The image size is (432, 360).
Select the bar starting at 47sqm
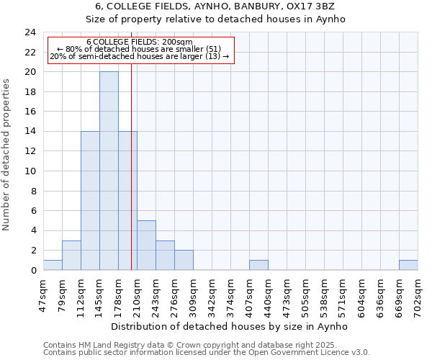tap(53, 265)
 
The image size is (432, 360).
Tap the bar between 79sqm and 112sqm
tap(71, 256)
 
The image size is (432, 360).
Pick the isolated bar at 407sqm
tap(258, 265)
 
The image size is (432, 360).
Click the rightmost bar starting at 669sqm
tap(408, 265)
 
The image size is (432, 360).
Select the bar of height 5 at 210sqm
tap(146, 246)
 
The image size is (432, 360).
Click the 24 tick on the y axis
tap(30, 32)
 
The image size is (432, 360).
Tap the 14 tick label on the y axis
tap(30, 132)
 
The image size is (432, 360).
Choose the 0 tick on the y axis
tap(33, 271)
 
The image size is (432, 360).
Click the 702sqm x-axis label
tap(418, 294)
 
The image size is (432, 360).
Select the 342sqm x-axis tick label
tap(212, 294)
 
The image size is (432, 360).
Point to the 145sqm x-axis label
tap(100, 294)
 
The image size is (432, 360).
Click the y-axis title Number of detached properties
tap(7, 155)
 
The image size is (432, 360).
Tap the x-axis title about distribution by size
tap(230, 326)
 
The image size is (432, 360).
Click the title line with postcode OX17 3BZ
tap(215, 6)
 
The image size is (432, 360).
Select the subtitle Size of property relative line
tap(215, 19)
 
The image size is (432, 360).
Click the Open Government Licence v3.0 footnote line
tap(207, 352)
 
